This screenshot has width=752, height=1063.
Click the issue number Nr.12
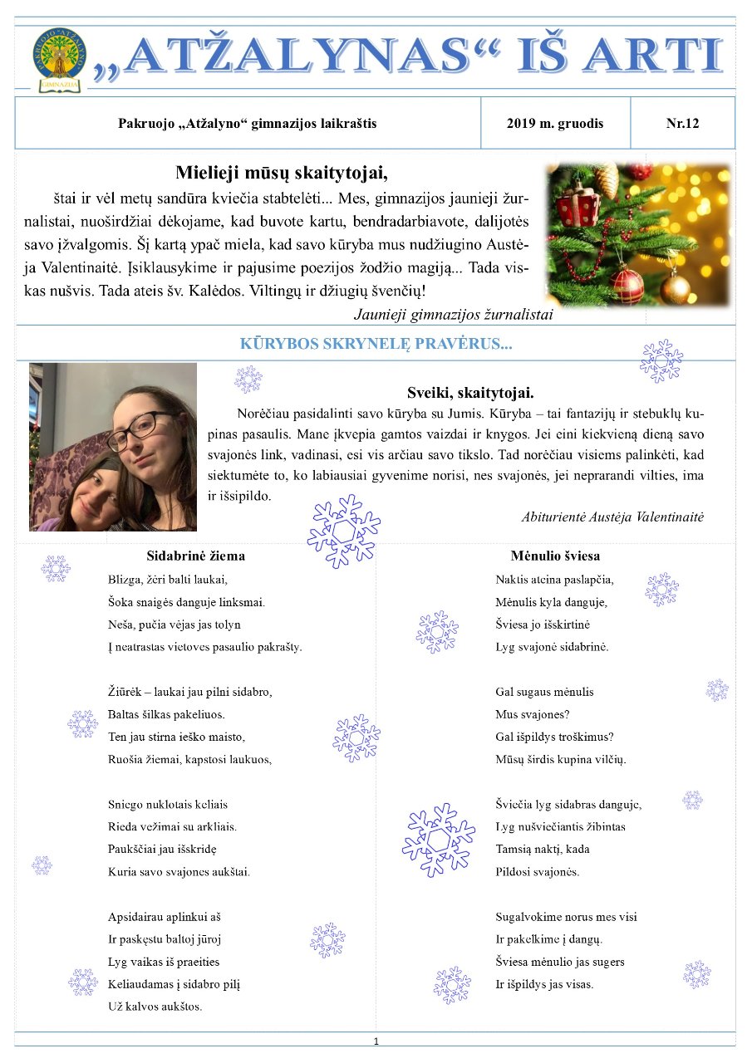tap(682, 124)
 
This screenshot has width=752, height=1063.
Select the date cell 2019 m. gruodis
tap(555, 124)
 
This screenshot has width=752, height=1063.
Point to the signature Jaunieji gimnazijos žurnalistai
tap(453, 314)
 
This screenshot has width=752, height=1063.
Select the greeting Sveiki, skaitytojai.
tap(470, 393)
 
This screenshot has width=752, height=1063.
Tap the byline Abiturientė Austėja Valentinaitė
tap(612, 517)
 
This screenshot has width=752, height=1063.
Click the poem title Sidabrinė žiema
tap(195, 556)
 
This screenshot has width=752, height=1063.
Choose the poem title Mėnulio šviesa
tap(555, 556)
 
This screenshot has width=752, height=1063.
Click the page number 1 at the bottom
tap(376, 1041)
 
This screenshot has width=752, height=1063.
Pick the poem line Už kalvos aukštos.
tap(155, 1007)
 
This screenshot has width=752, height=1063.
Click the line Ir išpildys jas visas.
tap(544, 984)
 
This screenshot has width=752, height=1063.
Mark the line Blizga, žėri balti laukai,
tap(168, 579)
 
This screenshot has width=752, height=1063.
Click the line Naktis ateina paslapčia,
tap(554, 580)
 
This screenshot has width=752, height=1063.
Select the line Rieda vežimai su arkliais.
tap(173, 826)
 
